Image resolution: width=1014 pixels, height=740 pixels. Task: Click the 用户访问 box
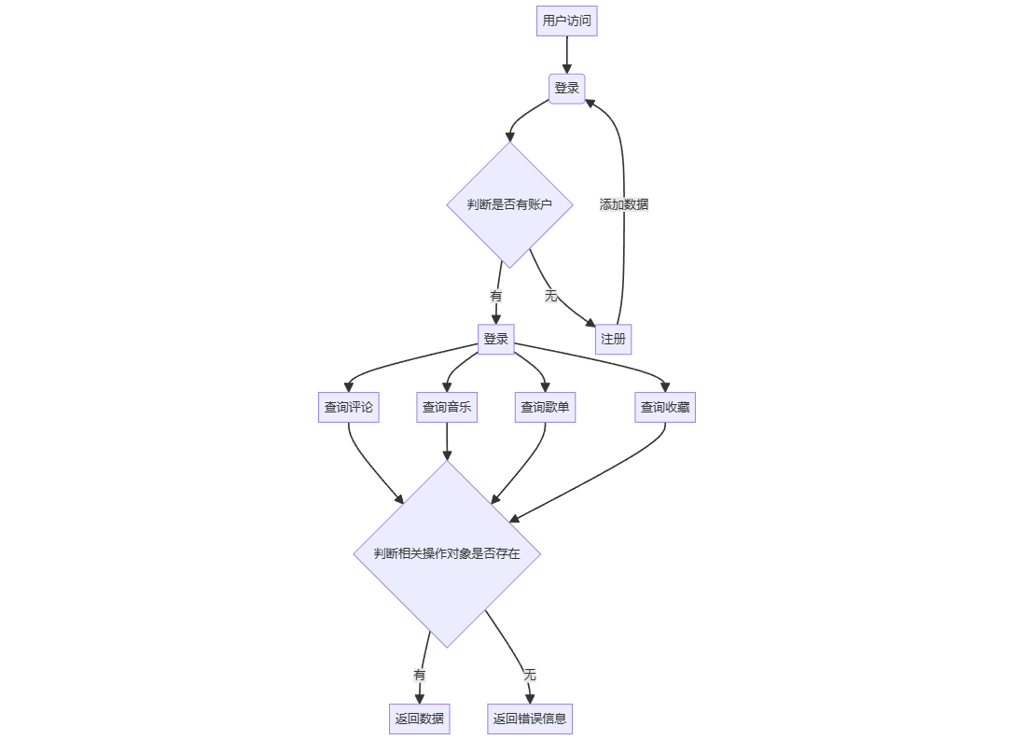[566, 21]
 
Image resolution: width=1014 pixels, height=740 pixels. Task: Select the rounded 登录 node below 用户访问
[566, 89]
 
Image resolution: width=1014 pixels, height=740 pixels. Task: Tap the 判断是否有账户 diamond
[509, 204]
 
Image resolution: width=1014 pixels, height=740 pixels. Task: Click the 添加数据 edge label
[623, 204]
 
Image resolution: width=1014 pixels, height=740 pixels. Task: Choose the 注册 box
[613, 339]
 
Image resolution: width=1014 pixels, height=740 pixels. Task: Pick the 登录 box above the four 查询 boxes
[495, 339]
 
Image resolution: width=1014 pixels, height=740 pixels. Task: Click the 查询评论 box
[348, 407]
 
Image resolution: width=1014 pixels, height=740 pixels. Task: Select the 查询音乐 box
[446, 407]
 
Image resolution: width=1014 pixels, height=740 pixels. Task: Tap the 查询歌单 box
[545, 407]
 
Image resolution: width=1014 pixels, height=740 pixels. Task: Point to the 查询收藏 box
[664, 407]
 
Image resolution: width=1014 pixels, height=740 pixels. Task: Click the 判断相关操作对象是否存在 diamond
[446, 553]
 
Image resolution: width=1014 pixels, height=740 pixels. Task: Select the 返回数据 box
[419, 719]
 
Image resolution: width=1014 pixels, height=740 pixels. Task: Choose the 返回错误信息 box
[529, 719]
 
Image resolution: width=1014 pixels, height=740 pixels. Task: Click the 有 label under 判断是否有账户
[495, 296]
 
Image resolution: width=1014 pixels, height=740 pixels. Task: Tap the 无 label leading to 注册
[550, 296]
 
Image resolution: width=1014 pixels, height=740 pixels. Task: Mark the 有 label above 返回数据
[419, 674]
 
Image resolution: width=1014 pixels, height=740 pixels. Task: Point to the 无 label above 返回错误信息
[529, 674]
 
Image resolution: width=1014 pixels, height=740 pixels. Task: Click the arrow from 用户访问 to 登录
[566, 55]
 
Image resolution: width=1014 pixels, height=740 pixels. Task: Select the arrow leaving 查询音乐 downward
[446, 440]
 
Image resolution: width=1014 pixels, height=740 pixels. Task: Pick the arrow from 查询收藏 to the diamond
[606, 476]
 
